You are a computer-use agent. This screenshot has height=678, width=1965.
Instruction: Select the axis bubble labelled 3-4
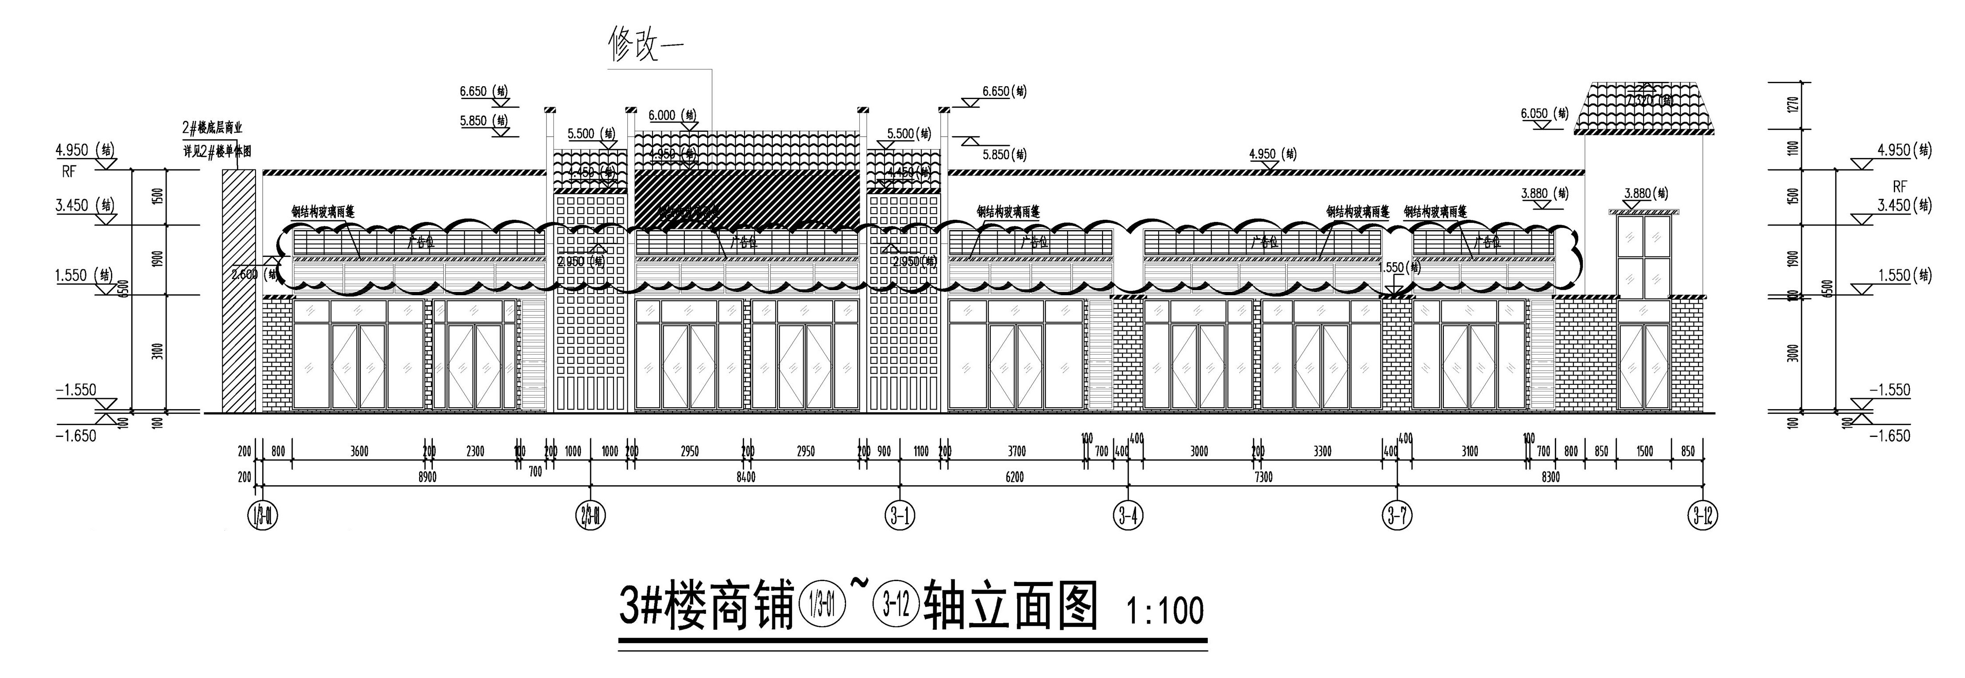click(x=1128, y=517)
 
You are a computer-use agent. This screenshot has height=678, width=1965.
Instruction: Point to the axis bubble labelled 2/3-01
click(x=591, y=517)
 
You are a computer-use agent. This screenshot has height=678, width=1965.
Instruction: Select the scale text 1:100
click(x=1166, y=611)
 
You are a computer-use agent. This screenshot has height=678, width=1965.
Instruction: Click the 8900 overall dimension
click(x=427, y=477)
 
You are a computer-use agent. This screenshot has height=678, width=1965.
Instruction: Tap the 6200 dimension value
click(x=1015, y=477)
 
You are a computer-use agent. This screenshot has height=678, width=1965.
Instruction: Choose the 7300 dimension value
click(x=1263, y=477)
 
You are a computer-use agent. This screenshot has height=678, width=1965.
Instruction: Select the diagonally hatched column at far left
click(x=238, y=290)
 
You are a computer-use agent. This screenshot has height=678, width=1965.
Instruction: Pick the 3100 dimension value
click(x=1469, y=451)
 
